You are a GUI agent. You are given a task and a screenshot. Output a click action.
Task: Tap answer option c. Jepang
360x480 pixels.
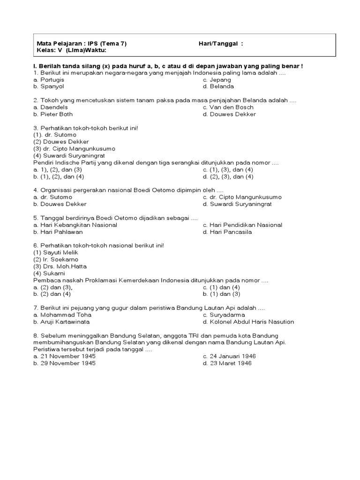point(217,80)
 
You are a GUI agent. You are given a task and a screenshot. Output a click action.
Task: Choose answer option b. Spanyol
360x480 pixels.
point(48,86)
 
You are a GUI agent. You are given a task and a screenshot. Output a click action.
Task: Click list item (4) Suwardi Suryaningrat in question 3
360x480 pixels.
point(69,155)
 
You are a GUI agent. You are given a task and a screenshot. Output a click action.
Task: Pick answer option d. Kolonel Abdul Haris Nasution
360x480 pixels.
point(248,322)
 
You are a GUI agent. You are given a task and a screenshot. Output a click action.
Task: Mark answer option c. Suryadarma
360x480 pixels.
point(224,315)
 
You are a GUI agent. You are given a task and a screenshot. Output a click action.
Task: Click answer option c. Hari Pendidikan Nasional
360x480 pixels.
point(242,225)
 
